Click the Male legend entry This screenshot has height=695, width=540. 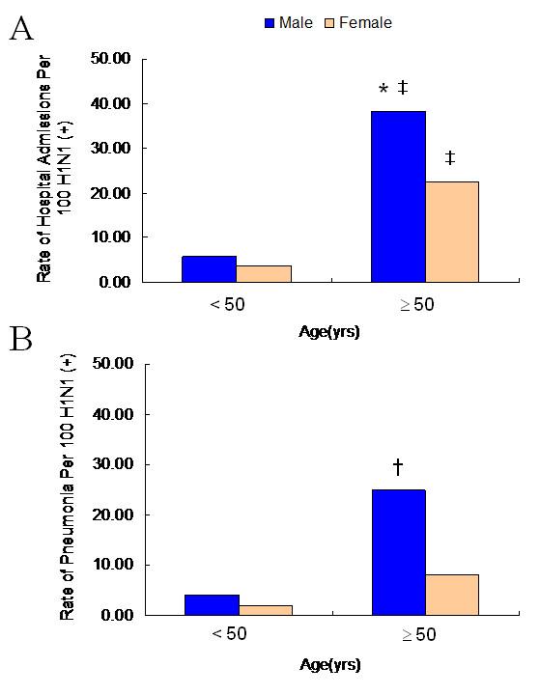(x=287, y=22)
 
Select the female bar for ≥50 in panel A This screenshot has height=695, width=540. (x=451, y=232)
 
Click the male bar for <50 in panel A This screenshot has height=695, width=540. (x=209, y=269)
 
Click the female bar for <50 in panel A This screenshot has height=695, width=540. (x=265, y=273)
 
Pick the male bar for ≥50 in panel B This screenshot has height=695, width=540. (x=399, y=552)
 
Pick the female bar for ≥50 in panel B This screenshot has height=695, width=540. (x=451, y=595)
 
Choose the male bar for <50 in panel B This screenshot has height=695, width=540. (x=212, y=604)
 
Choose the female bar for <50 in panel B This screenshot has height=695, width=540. (x=265, y=610)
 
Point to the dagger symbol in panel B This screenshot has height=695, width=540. (x=397, y=468)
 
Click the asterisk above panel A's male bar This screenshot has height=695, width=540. (x=384, y=91)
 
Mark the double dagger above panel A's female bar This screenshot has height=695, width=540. (x=450, y=158)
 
